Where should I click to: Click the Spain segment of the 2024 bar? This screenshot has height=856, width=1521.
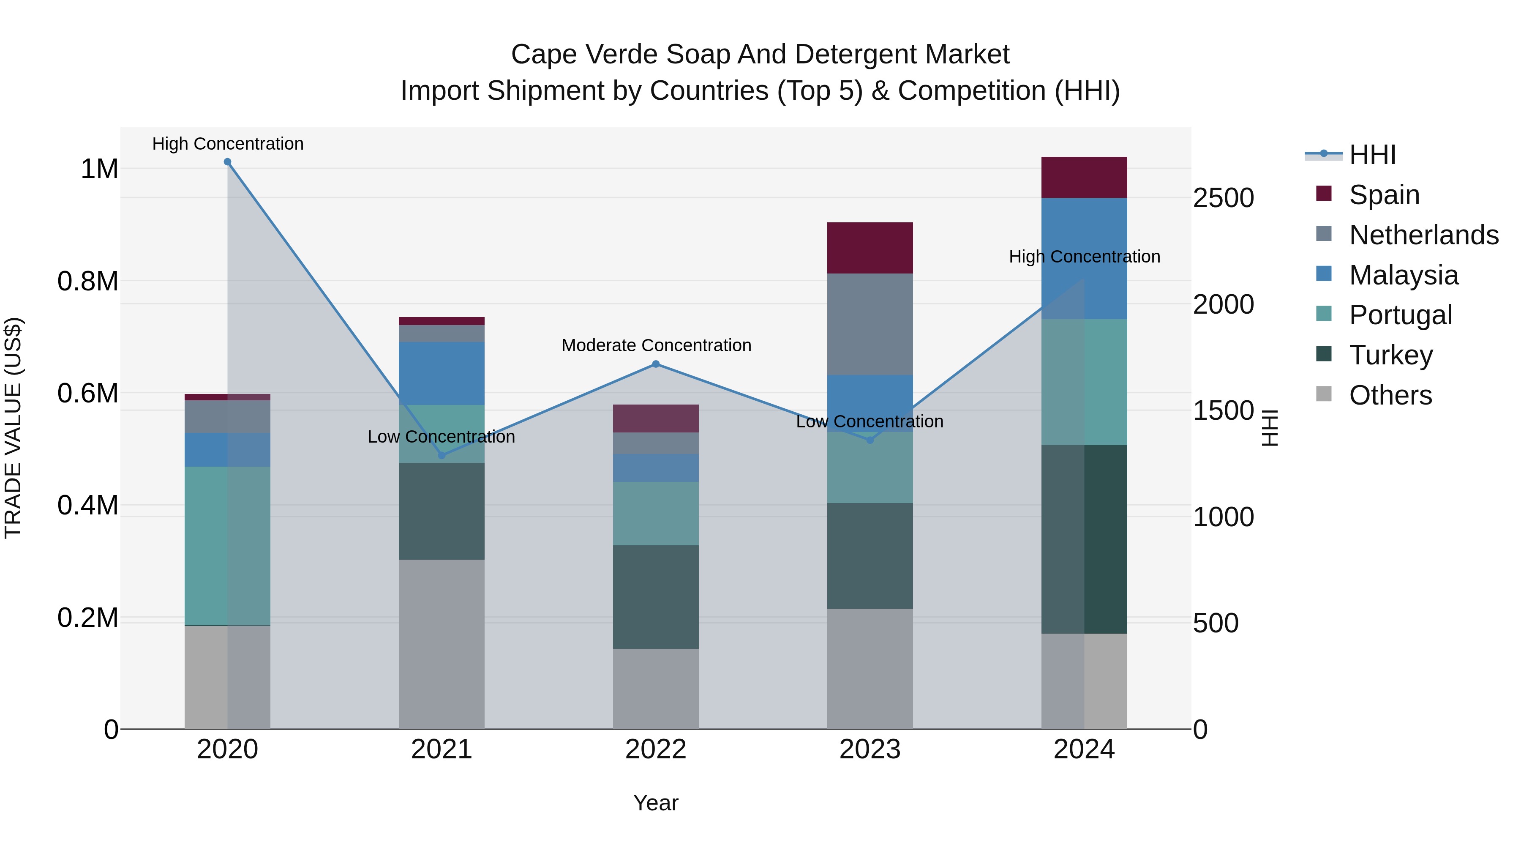coord(1084,177)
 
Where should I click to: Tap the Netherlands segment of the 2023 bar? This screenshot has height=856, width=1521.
coord(870,324)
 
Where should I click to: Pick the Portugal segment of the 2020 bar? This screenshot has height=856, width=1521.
coord(227,545)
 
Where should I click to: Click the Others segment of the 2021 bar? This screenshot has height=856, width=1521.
coord(442,644)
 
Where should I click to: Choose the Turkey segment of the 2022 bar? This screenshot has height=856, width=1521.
coord(655,596)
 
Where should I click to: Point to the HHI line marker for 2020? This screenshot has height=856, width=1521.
coord(227,162)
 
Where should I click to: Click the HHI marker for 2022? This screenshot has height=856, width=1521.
coord(655,364)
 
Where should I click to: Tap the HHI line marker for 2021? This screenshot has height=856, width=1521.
coord(442,455)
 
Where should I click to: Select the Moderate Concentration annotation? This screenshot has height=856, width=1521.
coord(656,346)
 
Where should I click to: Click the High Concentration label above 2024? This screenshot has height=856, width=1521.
coord(1084,257)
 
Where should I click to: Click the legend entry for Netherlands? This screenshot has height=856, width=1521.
coord(1423,235)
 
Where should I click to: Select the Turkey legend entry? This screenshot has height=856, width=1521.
coord(1390,355)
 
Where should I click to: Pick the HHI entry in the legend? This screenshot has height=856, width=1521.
coord(1371,155)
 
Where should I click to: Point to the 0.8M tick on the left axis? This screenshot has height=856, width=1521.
coord(88,281)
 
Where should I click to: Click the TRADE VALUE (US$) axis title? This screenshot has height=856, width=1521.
coord(13,428)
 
